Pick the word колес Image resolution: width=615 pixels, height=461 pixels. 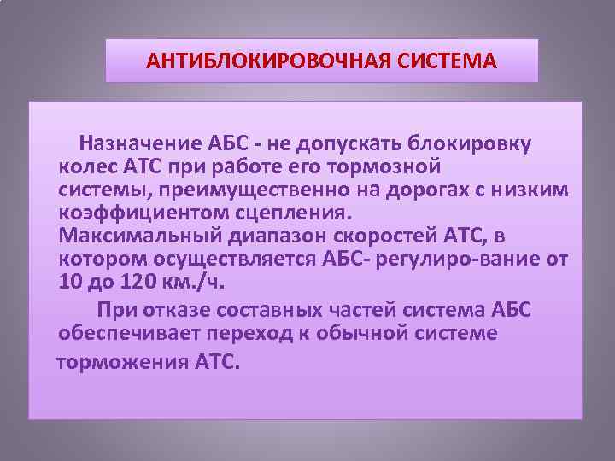tap(83, 164)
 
